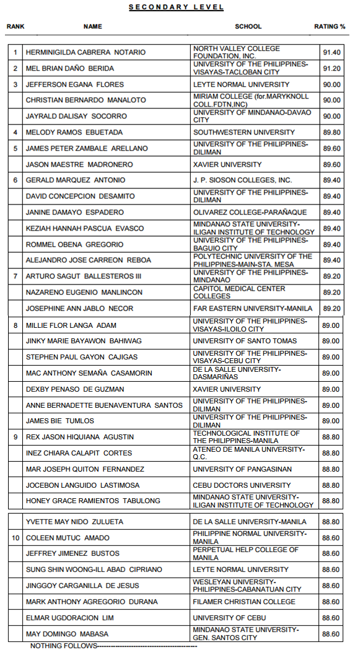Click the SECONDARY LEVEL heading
(x=176, y=7)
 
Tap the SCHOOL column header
(x=248, y=27)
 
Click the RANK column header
(x=15, y=27)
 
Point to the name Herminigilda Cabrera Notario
(x=86, y=53)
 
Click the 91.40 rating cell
(x=331, y=53)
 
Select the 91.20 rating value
(x=331, y=68)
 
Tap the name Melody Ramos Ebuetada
(x=74, y=132)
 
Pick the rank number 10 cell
(x=16, y=538)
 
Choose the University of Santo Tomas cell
(x=245, y=341)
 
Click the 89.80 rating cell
(x=331, y=132)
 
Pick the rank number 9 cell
(x=16, y=437)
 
